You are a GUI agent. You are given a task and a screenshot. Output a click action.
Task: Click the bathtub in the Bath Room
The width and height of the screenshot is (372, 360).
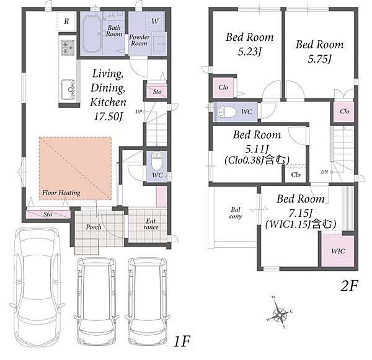(92, 34)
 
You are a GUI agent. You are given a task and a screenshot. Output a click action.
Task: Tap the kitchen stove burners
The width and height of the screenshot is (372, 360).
(68, 48)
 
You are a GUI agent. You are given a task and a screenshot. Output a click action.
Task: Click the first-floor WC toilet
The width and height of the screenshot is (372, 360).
(157, 160)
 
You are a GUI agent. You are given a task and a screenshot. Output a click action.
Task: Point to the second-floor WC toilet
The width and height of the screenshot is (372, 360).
(226, 112)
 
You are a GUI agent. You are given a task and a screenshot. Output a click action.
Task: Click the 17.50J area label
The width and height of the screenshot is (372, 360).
(108, 116)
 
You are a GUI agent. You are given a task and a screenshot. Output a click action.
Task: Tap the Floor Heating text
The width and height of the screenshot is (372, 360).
(61, 193)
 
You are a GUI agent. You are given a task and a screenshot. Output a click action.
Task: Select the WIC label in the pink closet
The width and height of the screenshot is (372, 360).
(338, 251)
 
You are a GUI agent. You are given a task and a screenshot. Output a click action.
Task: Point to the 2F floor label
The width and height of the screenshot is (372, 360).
(348, 286)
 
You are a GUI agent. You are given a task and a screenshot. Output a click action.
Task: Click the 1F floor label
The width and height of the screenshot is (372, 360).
(182, 341)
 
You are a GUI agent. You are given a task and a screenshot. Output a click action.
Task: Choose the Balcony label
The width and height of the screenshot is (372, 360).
(236, 213)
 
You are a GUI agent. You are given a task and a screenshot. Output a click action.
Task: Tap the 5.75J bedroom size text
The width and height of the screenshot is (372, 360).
(319, 59)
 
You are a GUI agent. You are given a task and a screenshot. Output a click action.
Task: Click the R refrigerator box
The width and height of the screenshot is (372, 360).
(66, 21)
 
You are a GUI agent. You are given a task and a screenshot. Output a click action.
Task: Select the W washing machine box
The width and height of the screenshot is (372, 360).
(155, 21)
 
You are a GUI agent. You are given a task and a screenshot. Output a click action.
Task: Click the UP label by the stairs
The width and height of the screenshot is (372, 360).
(139, 112)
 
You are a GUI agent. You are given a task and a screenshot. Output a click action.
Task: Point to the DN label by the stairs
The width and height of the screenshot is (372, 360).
(324, 172)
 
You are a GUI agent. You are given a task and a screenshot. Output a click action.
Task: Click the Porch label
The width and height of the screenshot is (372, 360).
(94, 227)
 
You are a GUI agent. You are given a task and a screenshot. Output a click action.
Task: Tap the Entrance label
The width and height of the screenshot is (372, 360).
(151, 224)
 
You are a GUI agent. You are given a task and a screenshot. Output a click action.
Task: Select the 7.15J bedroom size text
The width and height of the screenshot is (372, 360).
(300, 213)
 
